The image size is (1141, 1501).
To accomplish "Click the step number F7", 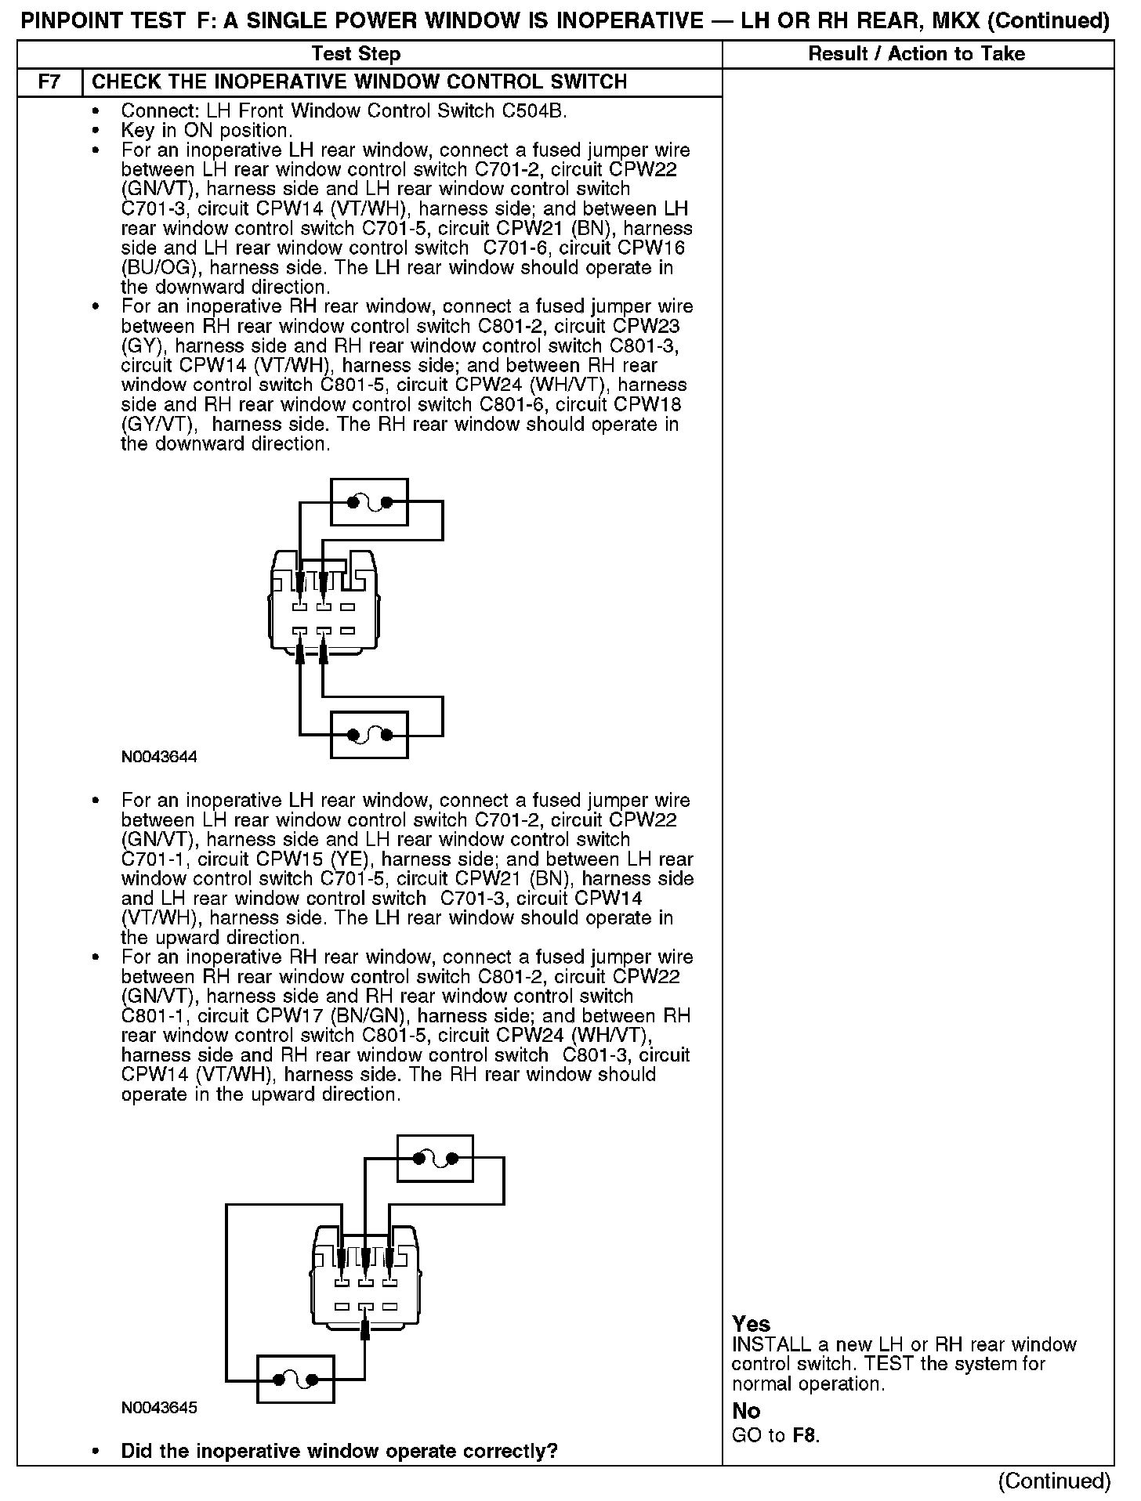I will pyautogui.click(x=49, y=82).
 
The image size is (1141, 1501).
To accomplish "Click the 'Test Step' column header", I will pyautogui.click(x=356, y=54).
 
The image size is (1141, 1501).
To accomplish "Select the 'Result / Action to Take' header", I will pyautogui.click(x=916, y=54).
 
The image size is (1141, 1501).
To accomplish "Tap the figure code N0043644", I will pyautogui.click(x=159, y=758).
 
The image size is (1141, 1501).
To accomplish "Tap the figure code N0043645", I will pyautogui.click(x=159, y=1408).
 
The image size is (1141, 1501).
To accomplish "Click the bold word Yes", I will pyautogui.click(x=752, y=1324).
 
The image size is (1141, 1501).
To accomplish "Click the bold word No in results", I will pyautogui.click(x=746, y=1411).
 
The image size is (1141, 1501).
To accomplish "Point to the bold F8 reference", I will pyautogui.click(x=805, y=1436).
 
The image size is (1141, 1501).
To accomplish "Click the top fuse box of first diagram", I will pyautogui.click(x=369, y=502).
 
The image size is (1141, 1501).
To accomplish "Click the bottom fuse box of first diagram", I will pyautogui.click(x=369, y=735).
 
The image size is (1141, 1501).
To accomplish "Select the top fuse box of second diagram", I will pyautogui.click(x=435, y=1158).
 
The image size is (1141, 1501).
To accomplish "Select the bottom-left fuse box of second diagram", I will pyautogui.click(x=295, y=1380).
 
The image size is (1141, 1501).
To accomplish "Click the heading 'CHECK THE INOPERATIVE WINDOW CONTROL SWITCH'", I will pyautogui.click(x=360, y=82).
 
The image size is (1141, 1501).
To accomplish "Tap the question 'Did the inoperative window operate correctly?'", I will pyautogui.click(x=339, y=1451).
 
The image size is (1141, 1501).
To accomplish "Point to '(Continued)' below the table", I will pyautogui.click(x=1054, y=1481).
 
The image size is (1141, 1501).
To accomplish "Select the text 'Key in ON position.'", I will pyautogui.click(x=207, y=131).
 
